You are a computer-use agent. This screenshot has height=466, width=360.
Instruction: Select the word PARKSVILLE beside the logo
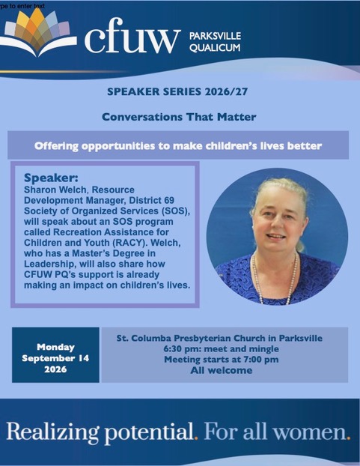tap(215, 36)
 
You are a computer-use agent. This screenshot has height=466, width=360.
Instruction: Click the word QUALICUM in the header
tap(215, 47)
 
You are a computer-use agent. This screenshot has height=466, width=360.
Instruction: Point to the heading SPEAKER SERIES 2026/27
tap(177, 91)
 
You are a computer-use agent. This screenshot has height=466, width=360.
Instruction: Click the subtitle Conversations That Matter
tap(179, 117)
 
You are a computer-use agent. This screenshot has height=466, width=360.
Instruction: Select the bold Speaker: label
tap(51, 178)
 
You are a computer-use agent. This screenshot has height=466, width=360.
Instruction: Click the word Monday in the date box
tap(55, 347)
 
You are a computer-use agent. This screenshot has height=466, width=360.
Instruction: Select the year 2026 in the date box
tap(55, 369)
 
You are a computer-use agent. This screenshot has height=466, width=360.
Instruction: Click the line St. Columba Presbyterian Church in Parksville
tap(219, 338)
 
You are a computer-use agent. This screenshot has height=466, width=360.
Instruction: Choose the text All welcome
tap(222, 370)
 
